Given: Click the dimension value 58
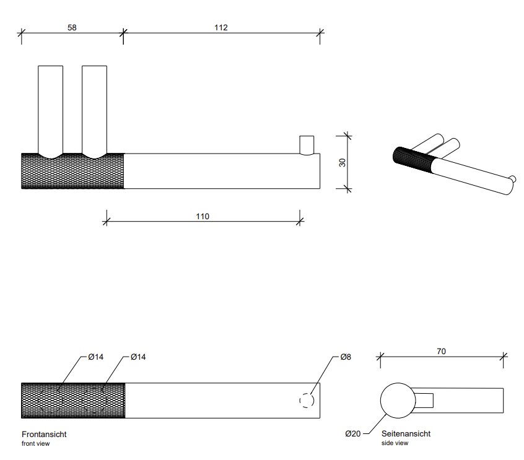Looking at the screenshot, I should pos(72,28).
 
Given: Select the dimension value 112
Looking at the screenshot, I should pos(221,28).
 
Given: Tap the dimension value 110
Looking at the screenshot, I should pos(203,216).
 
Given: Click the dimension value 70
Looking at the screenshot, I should pos(441,352).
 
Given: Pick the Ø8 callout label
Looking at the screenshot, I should pos(346,357).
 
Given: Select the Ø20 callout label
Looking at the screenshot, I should pos(353,434).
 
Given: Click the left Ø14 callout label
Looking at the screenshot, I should pos(95,357).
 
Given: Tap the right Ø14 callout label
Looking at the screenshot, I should pos(138,357).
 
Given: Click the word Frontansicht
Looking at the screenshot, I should pos(44,435).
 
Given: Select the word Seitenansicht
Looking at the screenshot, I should pos(406,434).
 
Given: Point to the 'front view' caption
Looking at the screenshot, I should pos(35,443).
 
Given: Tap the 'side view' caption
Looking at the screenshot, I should pos(395,443).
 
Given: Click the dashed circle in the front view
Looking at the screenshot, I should pos(307,401).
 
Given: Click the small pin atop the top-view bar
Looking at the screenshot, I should pos(307,144).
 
